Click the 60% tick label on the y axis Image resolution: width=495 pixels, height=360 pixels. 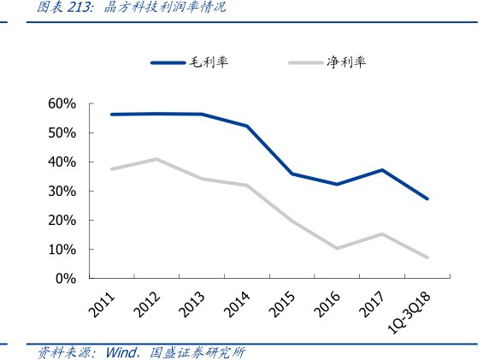coord(62,103)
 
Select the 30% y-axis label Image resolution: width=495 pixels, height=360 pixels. coord(62,192)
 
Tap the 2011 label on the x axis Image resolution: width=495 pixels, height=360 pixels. coord(104,302)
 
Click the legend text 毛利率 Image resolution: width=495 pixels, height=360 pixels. coord(209,62)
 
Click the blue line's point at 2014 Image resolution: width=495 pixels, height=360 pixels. coord(247,126)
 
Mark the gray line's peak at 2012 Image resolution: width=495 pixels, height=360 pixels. coord(156,159)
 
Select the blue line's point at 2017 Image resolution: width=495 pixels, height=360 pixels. coord(382,170)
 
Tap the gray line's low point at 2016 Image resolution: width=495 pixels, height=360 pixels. coord(337,248)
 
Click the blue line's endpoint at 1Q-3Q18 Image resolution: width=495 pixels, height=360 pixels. coord(427,198)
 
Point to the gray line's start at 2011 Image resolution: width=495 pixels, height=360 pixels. coord(112,169)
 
